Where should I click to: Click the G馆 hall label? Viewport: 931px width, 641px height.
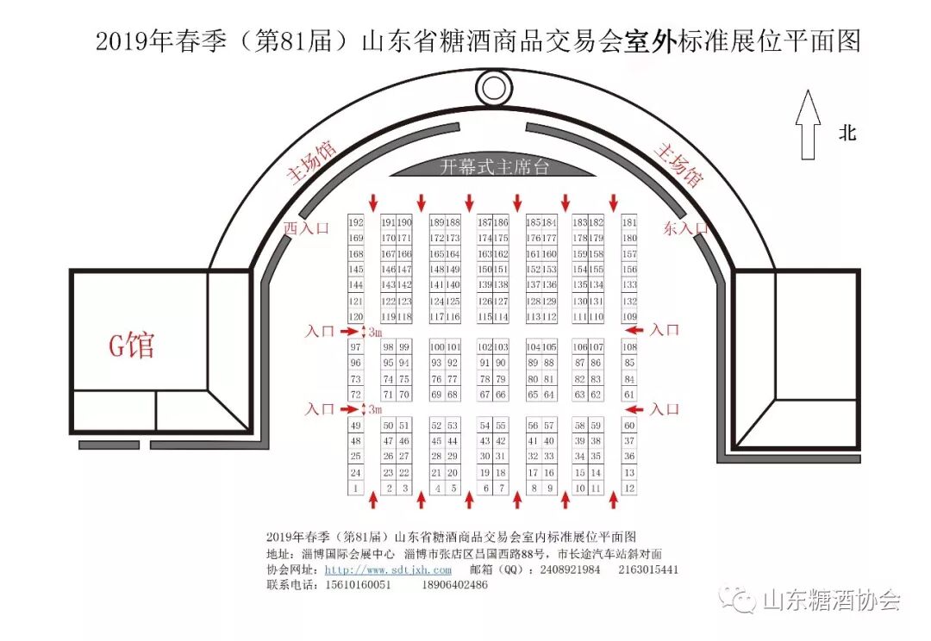[131, 345]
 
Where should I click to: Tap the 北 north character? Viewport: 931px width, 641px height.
[848, 133]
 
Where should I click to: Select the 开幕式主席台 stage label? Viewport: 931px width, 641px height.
[494, 167]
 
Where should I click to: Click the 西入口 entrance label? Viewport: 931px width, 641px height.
[306, 227]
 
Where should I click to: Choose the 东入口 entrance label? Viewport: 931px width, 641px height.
[686, 228]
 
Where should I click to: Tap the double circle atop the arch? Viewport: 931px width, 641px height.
[493, 88]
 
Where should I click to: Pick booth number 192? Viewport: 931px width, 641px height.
[356, 222]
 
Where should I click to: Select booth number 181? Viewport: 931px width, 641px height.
[629, 222]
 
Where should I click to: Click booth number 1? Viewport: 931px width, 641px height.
[355, 489]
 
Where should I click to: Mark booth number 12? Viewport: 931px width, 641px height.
[629, 489]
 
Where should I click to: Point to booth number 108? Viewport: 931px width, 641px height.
[629, 347]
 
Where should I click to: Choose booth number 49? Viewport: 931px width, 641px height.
[355, 426]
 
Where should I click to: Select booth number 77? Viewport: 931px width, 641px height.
[453, 379]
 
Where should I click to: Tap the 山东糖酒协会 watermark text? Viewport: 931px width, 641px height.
[831, 601]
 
